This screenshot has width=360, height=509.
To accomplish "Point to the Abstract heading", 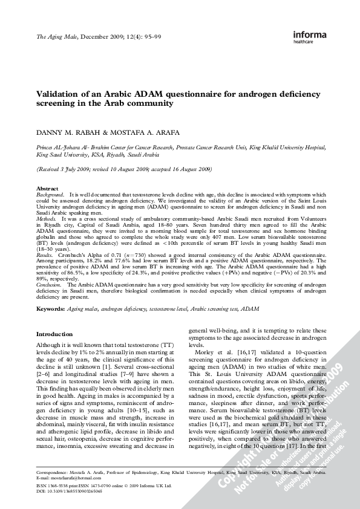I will coord(48,189).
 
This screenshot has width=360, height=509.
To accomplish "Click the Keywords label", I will coord(51,308).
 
